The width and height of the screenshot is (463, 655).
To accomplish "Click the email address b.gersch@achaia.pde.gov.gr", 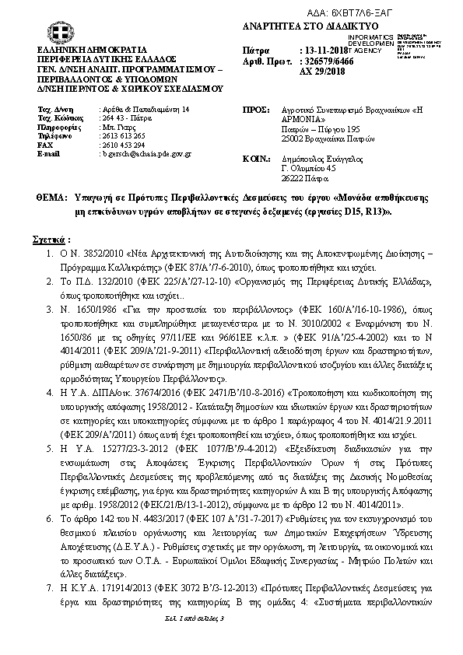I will tap(146, 154).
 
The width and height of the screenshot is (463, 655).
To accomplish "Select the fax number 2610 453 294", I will tap(123, 145).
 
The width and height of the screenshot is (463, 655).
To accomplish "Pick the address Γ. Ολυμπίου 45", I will tap(308, 166).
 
